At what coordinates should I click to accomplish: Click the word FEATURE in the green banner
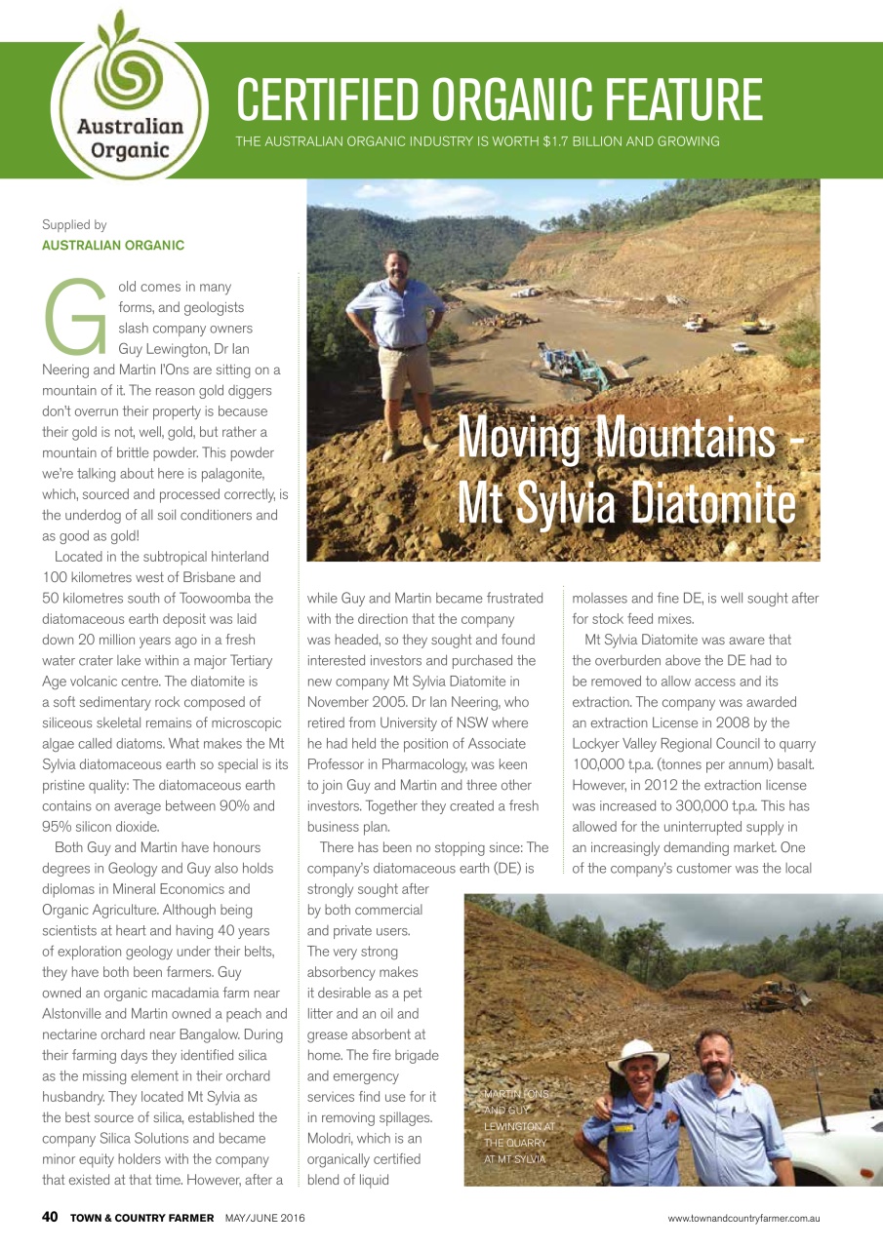pyautogui.click(x=667, y=99)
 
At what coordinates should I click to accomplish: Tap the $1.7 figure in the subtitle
pyautogui.click(x=561, y=142)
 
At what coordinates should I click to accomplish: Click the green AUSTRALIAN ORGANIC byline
pyautogui.click(x=113, y=246)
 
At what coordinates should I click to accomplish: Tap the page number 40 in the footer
pyautogui.click(x=50, y=1217)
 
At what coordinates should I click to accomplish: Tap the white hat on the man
pyautogui.click(x=638, y=1054)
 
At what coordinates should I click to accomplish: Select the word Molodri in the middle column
pyautogui.click(x=334, y=1138)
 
